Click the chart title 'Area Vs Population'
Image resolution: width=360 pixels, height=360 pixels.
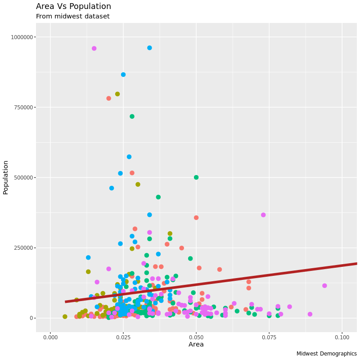pyautogui.click(x=73, y=6)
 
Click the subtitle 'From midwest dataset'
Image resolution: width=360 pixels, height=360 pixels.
pyautogui.click(x=73, y=17)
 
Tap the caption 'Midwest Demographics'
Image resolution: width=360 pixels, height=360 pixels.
pyautogui.click(x=326, y=354)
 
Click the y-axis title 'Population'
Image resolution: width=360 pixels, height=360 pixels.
pyautogui.click(x=6, y=177)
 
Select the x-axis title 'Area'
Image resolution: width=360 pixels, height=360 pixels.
pyautogui.click(x=196, y=345)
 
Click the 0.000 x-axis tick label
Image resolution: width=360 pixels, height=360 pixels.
pyautogui.click(x=50, y=337)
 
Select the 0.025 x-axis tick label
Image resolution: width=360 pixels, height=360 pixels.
pyautogui.click(x=123, y=337)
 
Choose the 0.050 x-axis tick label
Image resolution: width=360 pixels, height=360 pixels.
pyautogui.click(x=196, y=337)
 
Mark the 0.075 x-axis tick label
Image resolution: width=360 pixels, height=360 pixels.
pyautogui.click(x=269, y=337)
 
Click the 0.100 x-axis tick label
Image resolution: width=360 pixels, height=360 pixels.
pyautogui.click(x=342, y=337)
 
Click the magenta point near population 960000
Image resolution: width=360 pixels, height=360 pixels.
pyautogui.click(x=94, y=49)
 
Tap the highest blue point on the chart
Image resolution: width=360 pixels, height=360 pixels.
pyautogui.click(x=149, y=48)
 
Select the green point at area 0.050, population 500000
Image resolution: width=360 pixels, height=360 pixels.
pyautogui.click(x=196, y=177)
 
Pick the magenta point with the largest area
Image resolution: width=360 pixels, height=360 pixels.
pyautogui.click(x=324, y=286)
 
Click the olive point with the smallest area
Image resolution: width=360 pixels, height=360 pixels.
pyautogui.click(x=65, y=317)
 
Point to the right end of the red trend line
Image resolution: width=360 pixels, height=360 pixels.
pyautogui.click(x=355, y=263)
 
